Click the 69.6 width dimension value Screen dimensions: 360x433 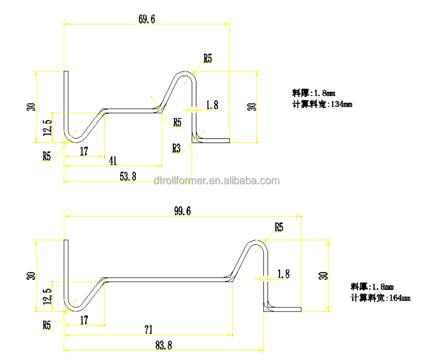(146, 19)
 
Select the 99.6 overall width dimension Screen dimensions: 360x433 (182, 212)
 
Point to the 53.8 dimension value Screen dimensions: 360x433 (128, 176)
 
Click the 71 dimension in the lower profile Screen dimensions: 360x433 (148, 330)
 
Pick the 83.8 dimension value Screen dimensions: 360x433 (163, 345)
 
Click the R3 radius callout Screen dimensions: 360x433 (177, 148)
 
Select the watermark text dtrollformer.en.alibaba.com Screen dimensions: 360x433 (216, 181)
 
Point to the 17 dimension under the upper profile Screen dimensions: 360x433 (84, 151)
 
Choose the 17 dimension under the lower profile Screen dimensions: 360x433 (84, 320)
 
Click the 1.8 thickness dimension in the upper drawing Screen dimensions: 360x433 (212, 105)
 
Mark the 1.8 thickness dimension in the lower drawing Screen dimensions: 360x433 (283, 274)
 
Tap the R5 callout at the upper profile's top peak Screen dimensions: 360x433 (207, 59)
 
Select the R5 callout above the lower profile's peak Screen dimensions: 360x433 (279, 227)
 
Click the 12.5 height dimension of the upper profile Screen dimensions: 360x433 (47, 127)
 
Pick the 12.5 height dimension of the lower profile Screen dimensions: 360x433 (47, 296)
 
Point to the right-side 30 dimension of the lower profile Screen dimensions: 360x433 (323, 276)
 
